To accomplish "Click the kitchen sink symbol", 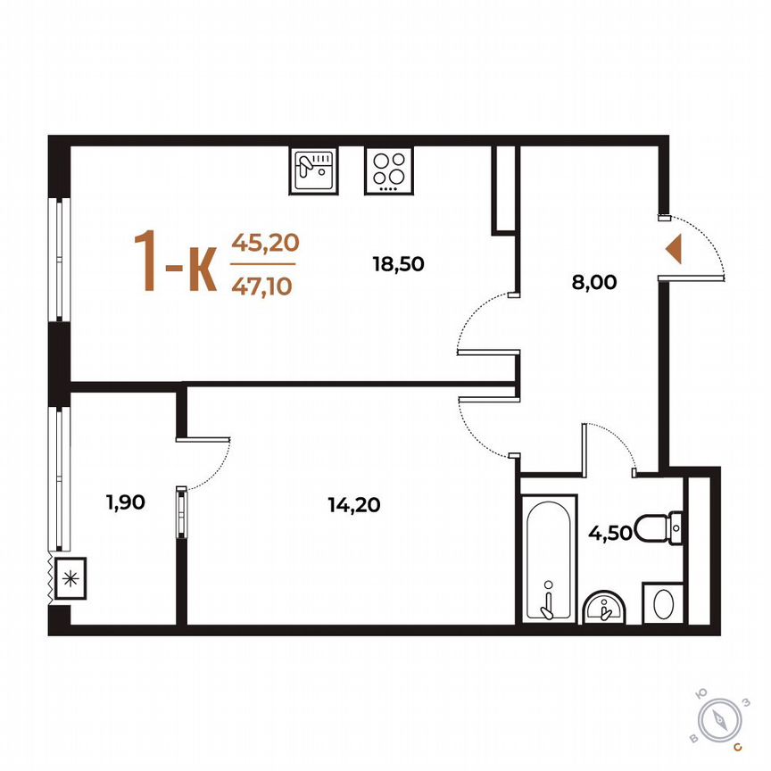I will coord(312,170).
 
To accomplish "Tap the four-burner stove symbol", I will coord(388,170).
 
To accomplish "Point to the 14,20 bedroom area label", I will coord(353,505).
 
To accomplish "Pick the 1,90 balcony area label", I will coord(125,502).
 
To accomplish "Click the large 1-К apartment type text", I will coord(175,261).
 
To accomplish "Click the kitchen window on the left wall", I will coord(60,259).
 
